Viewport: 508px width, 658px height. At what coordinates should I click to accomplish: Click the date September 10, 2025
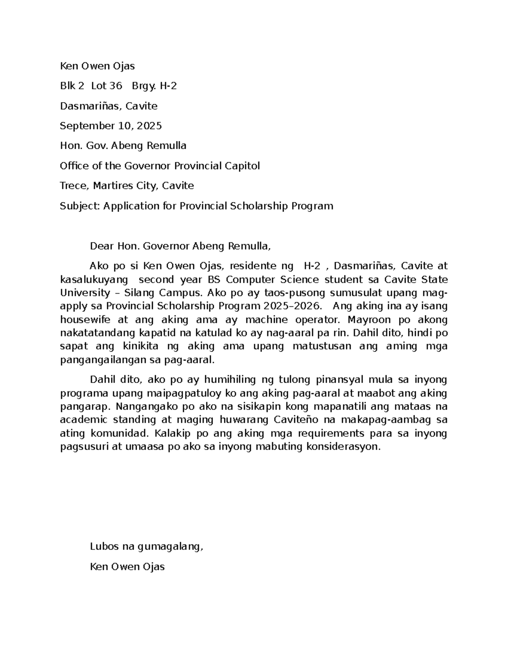(x=111, y=126)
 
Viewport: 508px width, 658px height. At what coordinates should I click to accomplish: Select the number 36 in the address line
(x=115, y=86)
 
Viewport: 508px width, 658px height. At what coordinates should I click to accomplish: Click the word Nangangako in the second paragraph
(x=146, y=407)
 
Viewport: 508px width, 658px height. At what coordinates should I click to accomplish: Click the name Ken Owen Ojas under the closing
(x=127, y=567)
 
